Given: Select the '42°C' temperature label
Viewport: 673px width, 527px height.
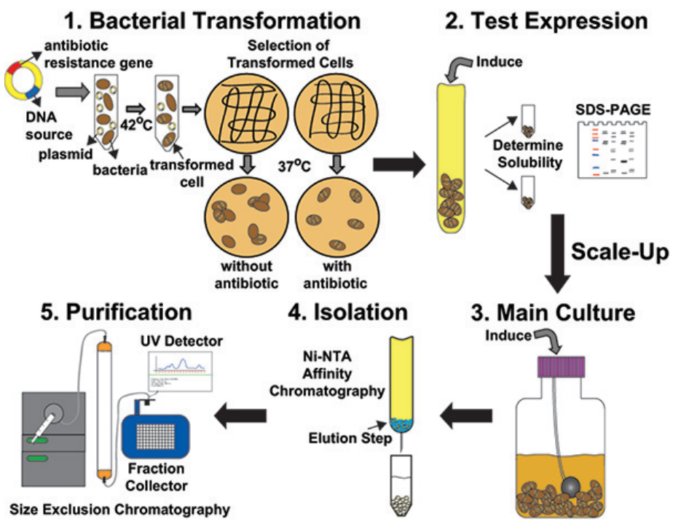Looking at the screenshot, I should point(138,125).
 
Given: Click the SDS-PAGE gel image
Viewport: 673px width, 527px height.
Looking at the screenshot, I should point(613,149).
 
